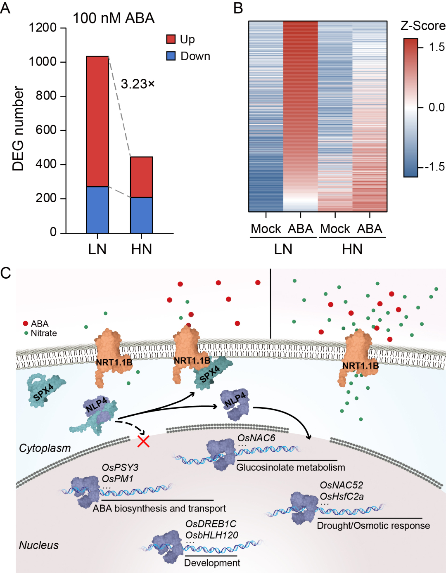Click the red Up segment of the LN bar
coord(97,121)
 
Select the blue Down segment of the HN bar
coord(141,215)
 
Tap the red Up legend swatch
coord(171,39)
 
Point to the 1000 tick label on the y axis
coord(42,62)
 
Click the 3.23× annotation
coord(138,84)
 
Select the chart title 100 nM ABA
coord(114,18)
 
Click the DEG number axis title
coord(18,128)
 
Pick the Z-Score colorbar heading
coord(423,26)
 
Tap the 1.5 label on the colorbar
coord(436,47)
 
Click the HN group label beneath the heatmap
coord(352,249)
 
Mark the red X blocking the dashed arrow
coord(143,441)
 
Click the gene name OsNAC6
coord(256,438)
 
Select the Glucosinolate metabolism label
coord(290,467)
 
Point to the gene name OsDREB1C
coord(211,524)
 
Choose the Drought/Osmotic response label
coord(373,526)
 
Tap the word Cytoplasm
coord(45,448)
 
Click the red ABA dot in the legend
coord(26,324)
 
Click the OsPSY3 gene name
coord(120,468)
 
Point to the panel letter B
coord(238,8)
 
